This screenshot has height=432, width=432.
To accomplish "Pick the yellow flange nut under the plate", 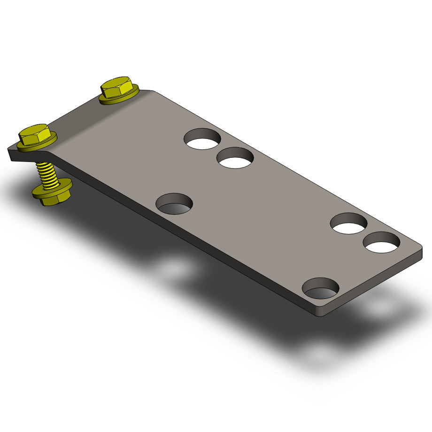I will pos(53,192).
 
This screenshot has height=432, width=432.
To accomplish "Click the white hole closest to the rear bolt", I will pos(202,139).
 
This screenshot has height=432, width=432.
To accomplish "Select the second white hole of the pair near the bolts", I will pos(235,158).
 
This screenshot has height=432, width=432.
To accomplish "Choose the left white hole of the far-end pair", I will pos(348,224).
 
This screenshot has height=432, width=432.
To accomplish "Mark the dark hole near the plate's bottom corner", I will pos(320,288).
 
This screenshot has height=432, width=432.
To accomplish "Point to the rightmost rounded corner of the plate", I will pos(419,246).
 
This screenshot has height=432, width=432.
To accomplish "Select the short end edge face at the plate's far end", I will pos(376,286).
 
